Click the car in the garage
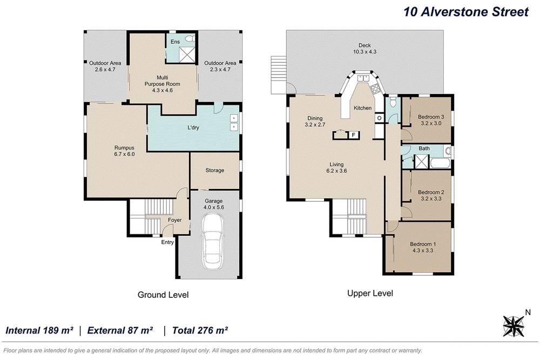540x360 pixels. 215,240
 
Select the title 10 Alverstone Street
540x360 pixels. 466,12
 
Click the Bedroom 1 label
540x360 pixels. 423,247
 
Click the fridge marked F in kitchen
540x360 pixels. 353,135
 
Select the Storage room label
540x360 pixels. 214,171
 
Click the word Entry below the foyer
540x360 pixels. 167,242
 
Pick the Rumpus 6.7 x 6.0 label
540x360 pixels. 124,151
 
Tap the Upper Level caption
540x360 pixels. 369,294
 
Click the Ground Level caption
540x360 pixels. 163,295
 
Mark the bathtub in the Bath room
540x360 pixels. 439,162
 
